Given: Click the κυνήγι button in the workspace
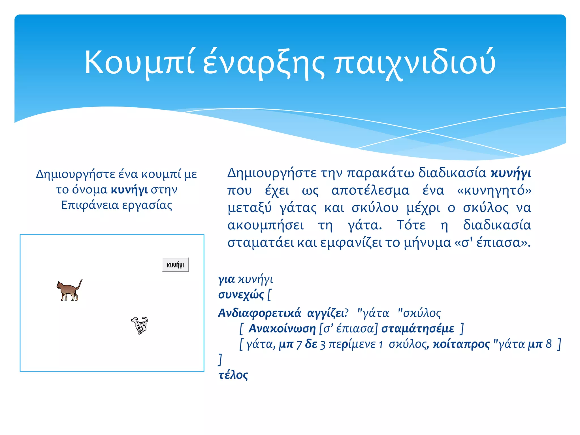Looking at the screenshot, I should [175, 265].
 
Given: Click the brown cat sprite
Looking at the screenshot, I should [69, 291].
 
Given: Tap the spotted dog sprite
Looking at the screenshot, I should [140, 325].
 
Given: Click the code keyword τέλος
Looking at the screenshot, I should [233, 375].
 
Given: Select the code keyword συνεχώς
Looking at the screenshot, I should [241, 295].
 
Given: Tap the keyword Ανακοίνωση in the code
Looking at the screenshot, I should [282, 329].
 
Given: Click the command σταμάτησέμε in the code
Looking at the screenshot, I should [418, 329].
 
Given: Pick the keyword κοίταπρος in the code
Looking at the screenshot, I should [461, 344].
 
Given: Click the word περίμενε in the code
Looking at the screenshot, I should [352, 344].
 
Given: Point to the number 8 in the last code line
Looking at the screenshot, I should [549, 344].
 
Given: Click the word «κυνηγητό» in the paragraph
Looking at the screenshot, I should [494, 190].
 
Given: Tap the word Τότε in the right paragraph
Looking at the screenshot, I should [411, 225].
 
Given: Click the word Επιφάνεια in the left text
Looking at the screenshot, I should [90, 205].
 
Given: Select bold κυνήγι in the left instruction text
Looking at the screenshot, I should [129, 189].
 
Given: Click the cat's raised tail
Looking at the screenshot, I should [80, 283].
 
